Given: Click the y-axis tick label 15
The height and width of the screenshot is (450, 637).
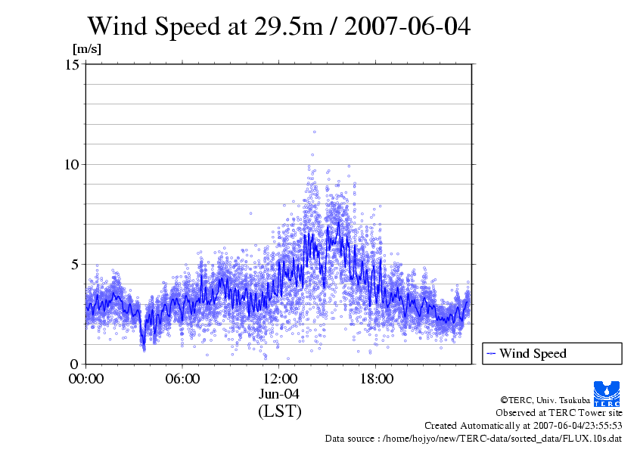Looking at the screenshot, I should (x=73, y=64).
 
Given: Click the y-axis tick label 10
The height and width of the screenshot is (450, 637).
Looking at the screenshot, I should (x=73, y=164).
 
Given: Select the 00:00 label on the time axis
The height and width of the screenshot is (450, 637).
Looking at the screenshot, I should (x=86, y=379).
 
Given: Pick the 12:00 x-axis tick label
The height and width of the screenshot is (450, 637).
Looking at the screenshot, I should (x=280, y=379).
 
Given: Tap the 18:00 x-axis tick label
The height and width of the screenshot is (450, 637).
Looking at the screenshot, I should (x=377, y=379).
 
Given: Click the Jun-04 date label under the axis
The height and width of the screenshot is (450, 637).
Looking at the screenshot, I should (x=280, y=394).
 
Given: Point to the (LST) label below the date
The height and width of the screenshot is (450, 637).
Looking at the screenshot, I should (x=280, y=411).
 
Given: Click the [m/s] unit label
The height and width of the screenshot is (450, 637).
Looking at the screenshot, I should (x=86, y=48).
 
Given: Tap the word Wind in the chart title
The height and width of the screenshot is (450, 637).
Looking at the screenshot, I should (x=115, y=26).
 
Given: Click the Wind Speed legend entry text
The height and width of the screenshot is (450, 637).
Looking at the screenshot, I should (x=533, y=353).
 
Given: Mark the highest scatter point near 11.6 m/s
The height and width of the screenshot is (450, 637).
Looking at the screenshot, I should (x=314, y=132).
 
